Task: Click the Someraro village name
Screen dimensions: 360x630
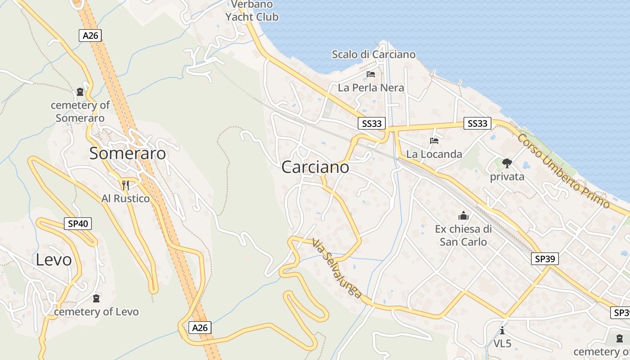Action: point(127,153)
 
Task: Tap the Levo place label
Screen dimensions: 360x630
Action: point(54,260)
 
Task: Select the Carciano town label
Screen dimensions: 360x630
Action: point(315,167)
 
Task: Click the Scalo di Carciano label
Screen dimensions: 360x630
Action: point(373,54)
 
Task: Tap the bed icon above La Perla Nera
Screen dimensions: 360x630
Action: point(371,74)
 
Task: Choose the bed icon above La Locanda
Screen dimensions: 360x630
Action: point(434,141)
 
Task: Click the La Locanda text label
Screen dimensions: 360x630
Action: point(434,154)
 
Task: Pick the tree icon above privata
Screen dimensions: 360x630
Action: point(507,163)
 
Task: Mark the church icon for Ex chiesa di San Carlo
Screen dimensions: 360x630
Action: point(463,216)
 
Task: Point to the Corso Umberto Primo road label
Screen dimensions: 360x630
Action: point(563,171)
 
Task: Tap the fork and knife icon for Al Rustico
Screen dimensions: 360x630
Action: point(126,185)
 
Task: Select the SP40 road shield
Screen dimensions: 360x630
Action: point(78,223)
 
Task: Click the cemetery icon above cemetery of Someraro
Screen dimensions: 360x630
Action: point(80,92)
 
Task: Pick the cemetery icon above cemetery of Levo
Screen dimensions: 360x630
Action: point(96,298)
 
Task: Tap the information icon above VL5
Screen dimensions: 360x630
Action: point(502,331)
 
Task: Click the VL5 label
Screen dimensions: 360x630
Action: point(502,344)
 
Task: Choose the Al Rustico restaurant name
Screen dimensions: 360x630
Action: point(126,198)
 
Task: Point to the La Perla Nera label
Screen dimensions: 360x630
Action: point(371,88)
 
